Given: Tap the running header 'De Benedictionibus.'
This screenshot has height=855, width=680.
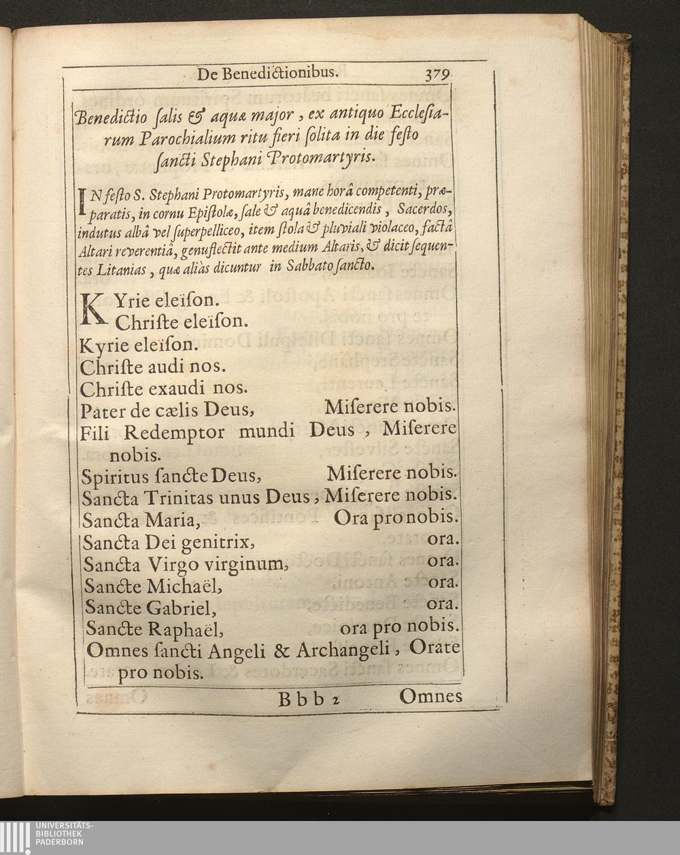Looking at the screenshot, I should [x=266, y=73].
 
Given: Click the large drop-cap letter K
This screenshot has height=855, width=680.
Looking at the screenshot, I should [x=95, y=308].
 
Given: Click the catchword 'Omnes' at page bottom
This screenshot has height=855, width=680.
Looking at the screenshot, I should [x=430, y=696].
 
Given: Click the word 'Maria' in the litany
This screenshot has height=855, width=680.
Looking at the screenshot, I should [x=173, y=521].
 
